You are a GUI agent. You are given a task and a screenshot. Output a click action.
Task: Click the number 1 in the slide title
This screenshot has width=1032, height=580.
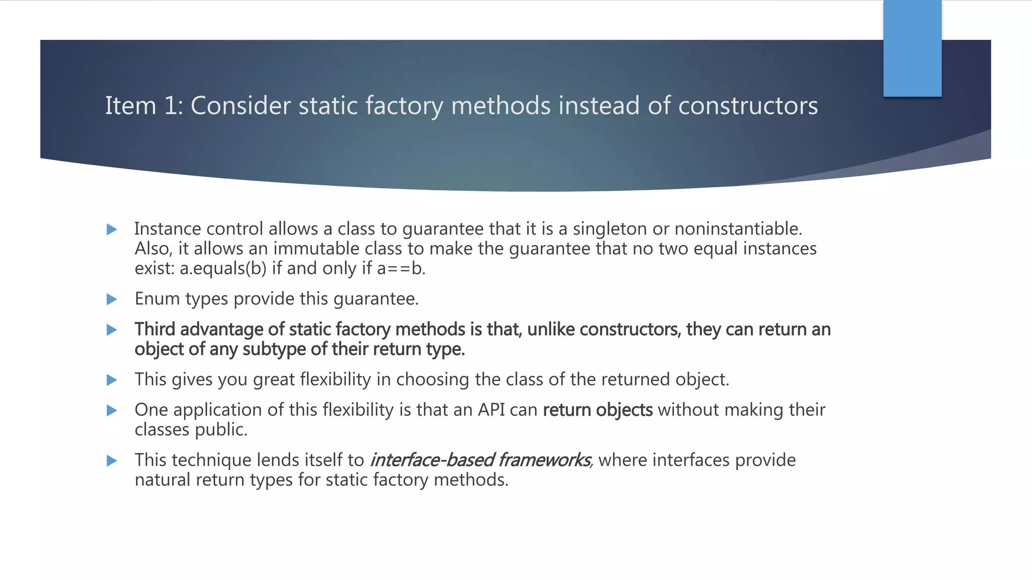(170, 106)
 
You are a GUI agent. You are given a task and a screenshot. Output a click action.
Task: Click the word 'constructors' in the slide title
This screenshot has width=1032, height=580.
(748, 106)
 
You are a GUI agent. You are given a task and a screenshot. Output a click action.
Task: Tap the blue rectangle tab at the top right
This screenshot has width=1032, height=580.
(912, 48)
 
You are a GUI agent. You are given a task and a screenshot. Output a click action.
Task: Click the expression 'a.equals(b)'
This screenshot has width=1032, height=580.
(223, 268)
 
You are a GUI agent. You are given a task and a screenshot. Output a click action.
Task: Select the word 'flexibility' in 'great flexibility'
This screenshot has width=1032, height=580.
(335, 380)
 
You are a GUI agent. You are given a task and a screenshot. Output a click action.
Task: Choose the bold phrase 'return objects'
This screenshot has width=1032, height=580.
(598, 410)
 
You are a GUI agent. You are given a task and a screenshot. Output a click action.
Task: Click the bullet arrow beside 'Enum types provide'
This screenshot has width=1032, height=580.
(112, 300)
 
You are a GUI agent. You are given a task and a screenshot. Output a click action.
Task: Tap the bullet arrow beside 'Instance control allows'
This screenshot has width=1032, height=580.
(112, 230)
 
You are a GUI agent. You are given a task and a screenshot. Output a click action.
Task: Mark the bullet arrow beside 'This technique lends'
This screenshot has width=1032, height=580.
(112, 461)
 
